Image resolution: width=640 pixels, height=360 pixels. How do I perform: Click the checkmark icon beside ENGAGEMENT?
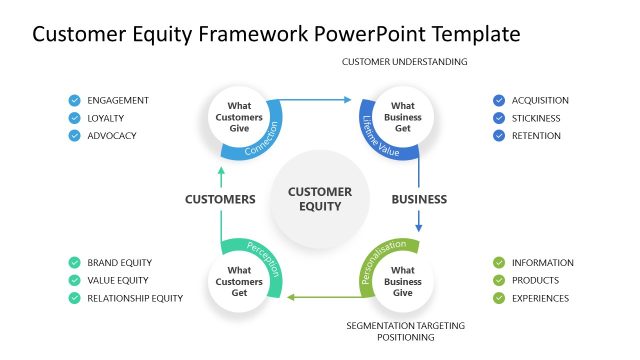74,100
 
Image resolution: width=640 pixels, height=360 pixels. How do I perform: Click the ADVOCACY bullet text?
112,136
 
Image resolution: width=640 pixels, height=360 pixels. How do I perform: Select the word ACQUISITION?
540,100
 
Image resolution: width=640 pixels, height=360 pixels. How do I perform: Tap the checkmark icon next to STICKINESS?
499,118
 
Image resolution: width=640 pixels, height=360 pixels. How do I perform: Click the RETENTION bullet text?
535,136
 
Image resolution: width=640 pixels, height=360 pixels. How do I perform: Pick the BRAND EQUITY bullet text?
119,263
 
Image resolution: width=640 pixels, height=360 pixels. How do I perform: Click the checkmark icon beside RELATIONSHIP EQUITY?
74,298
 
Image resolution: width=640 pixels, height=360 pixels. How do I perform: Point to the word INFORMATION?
542,263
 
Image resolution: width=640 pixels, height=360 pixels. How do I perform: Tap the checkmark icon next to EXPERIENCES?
499,298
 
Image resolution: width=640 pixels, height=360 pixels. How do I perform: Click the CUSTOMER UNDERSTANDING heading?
404,62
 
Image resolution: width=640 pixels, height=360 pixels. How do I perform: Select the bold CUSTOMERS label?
220,199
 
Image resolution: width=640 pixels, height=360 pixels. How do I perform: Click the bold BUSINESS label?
418,199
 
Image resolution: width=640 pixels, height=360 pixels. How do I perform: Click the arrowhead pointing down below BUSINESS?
418,228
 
